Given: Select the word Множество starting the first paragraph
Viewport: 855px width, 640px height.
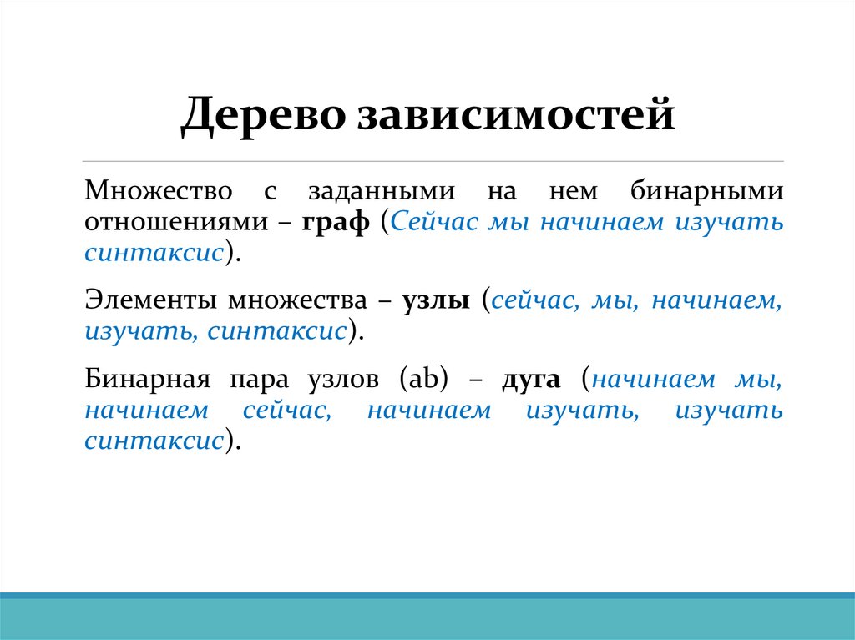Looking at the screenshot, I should (x=158, y=191).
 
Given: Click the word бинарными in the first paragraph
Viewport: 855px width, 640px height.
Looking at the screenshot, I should (x=706, y=191).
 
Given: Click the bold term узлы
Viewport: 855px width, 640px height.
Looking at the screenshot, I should (x=435, y=300).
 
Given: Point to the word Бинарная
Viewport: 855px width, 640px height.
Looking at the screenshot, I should (x=144, y=380).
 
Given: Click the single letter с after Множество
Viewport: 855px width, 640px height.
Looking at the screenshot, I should (x=269, y=192).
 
